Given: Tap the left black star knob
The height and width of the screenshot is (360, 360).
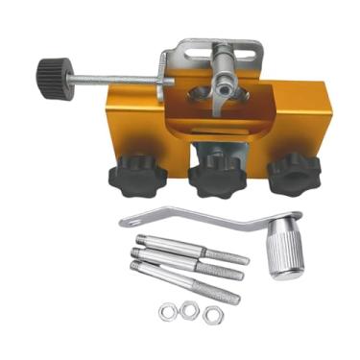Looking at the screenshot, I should point(137,177).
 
